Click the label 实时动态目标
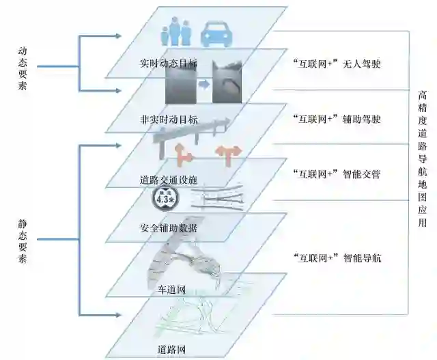pyautogui.click(x=169, y=64)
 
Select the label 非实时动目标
pyautogui.click(x=169, y=120)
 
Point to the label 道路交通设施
pyautogui.click(x=168, y=180)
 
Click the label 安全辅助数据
pyautogui.click(x=168, y=227)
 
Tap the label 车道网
pyautogui.click(x=167, y=290)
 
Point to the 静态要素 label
pyautogui.click(x=24, y=242)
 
